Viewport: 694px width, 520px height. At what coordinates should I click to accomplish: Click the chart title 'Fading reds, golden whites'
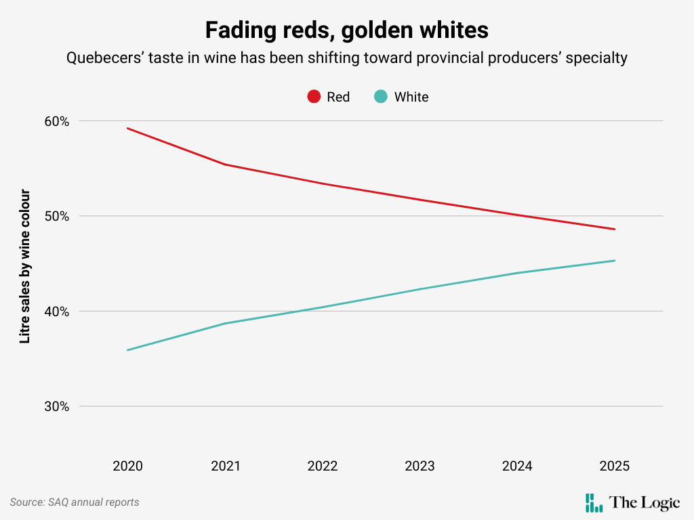[346, 30]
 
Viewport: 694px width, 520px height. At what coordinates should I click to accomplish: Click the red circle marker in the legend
[314, 97]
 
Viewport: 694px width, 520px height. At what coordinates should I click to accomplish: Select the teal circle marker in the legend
[381, 97]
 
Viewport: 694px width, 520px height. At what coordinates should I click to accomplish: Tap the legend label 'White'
[411, 97]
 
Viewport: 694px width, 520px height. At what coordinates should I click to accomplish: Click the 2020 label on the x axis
[127, 466]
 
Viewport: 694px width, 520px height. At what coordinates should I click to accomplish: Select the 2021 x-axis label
[225, 466]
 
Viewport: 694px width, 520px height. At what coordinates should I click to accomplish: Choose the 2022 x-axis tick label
[323, 466]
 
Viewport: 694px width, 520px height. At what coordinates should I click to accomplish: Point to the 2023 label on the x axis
[420, 466]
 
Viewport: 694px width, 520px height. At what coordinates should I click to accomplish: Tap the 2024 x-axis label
[517, 466]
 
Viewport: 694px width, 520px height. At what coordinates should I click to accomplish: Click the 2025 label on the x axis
[615, 466]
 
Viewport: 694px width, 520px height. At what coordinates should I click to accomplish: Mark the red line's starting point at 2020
[127, 128]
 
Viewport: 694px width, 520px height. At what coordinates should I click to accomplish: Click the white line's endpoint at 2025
[615, 261]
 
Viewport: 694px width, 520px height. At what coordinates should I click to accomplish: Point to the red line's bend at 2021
[225, 165]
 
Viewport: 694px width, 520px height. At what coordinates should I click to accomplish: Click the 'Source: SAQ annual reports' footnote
[75, 502]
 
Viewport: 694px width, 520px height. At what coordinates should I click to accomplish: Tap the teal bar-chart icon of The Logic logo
[594, 502]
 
